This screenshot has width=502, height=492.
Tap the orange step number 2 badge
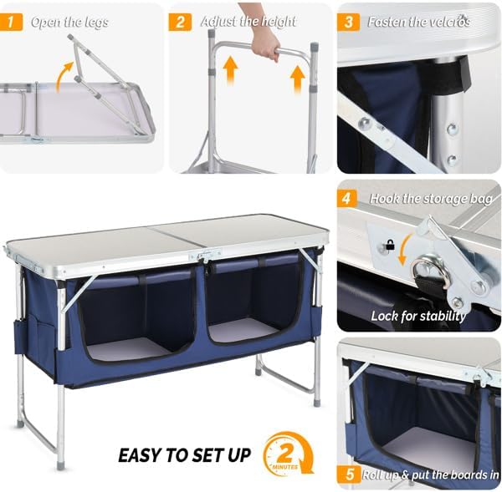(x=180, y=22)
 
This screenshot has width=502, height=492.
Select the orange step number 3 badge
(x=349, y=22)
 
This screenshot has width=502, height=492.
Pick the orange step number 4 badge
(x=349, y=200)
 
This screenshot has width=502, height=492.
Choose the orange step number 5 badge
(x=349, y=474)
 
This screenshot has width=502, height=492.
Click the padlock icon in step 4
(x=388, y=247)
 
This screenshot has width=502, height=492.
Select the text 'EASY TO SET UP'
(x=184, y=455)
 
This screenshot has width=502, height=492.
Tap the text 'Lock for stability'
(x=418, y=317)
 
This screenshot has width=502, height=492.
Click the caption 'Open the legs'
(x=69, y=23)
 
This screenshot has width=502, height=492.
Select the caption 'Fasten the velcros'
(x=418, y=23)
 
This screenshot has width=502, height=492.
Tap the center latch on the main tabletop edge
(x=203, y=256)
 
